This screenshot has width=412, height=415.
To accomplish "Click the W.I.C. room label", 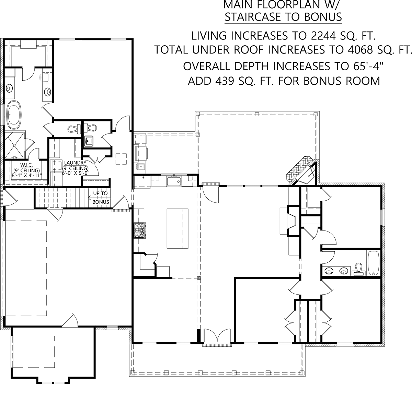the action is (26, 165).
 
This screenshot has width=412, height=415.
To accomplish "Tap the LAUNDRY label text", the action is (75, 163).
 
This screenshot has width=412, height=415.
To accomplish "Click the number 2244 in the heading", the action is (323, 36).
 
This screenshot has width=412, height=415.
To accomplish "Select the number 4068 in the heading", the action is (360, 50).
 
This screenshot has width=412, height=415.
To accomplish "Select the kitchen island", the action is (178, 228).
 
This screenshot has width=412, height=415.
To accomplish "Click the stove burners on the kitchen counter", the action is (140, 230).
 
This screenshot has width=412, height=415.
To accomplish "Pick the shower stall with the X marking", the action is (14, 145).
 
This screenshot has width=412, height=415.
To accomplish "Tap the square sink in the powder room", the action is (88, 141).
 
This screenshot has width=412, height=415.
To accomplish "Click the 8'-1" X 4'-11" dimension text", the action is (26, 175).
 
